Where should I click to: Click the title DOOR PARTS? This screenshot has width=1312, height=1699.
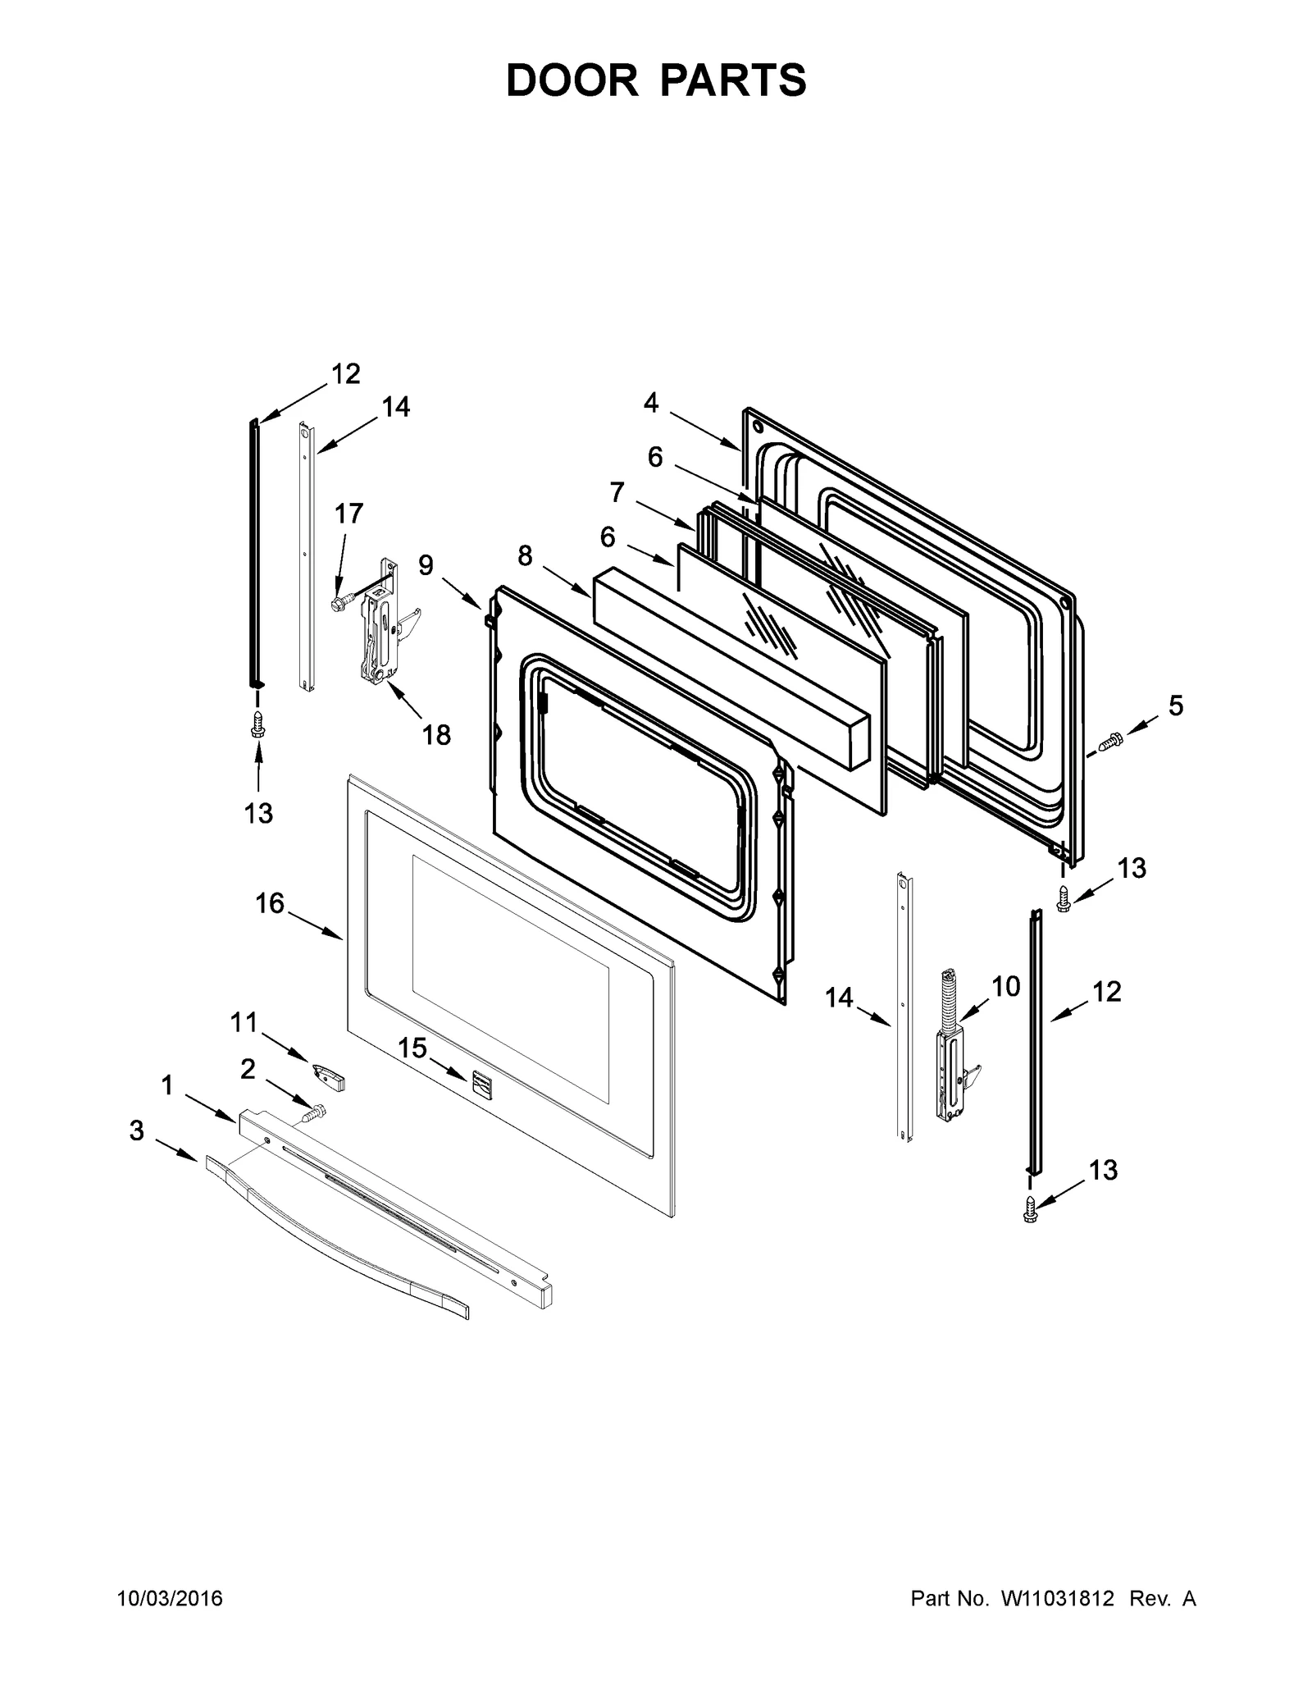pos(656,80)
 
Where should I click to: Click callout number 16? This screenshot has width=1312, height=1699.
pos(269,903)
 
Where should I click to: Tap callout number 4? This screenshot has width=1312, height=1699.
pos(650,403)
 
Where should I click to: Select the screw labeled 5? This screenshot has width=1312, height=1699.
pos(1109,741)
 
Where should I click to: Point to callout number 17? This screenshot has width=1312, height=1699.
pos(348,514)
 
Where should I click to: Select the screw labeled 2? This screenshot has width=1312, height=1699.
pos(312,1114)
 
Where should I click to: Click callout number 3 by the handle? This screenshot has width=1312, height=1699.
pos(136,1131)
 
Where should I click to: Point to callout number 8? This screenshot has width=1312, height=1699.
pos(525,556)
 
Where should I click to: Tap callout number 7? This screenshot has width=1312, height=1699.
pos(617,492)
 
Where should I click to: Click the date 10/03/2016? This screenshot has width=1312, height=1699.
pos(171,1599)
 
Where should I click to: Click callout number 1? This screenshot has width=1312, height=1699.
pos(167,1086)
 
